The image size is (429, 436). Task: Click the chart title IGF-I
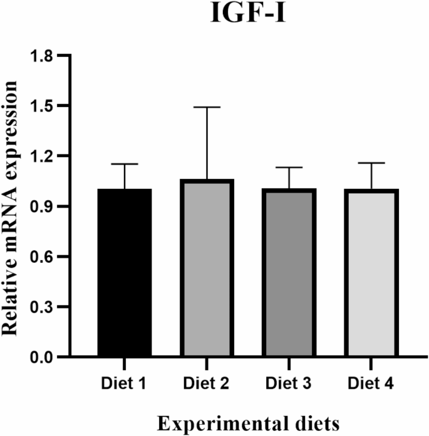coord(250,13)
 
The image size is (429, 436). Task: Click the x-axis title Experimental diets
coord(250,423)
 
